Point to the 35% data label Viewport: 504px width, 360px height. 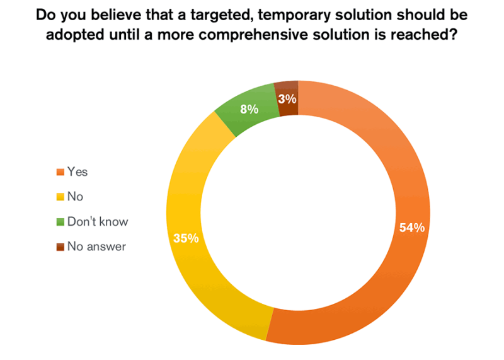(x=186, y=238)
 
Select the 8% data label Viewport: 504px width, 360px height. (x=249, y=109)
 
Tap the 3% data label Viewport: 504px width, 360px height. (x=287, y=98)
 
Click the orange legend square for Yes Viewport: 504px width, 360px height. (x=60, y=172)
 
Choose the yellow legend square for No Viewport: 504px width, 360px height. (x=60, y=197)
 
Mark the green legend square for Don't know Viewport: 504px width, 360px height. (x=60, y=222)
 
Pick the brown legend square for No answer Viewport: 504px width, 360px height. (x=60, y=247)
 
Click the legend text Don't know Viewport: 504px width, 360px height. (x=98, y=222)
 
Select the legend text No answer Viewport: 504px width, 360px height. (x=97, y=247)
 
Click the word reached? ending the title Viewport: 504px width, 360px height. (x=428, y=35)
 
